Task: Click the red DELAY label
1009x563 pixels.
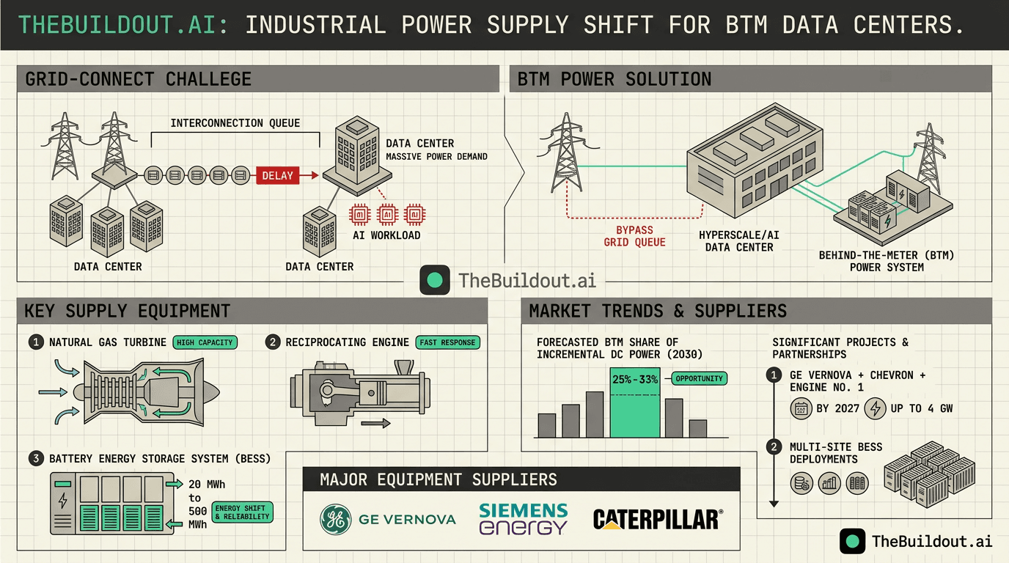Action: pos(277,175)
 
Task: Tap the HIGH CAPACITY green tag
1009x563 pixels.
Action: pos(205,342)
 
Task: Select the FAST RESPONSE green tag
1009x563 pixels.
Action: pos(447,342)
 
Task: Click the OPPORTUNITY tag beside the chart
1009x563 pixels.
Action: pos(700,378)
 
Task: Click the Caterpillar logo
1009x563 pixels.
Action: pos(657,520)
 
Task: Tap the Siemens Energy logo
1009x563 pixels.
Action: pos(523,518)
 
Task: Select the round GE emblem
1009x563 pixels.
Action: pos(336,520)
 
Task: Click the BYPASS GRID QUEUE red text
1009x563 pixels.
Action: pos(634,236)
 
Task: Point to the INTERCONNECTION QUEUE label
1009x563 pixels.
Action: pos(235,123)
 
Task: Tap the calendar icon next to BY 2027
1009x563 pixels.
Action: pos(801,408)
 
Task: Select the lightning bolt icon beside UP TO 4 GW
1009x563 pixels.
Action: pos(875,408)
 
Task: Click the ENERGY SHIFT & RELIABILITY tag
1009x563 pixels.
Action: pos(241,512)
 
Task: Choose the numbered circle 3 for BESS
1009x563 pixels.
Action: pos(36,459)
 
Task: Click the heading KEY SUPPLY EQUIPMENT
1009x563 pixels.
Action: pos(128,311)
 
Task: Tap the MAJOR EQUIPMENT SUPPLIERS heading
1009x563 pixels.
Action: pos(438,480)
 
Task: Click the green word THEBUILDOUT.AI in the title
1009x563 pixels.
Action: pos(117,25)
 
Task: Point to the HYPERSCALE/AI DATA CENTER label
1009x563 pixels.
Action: pos(738,241)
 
